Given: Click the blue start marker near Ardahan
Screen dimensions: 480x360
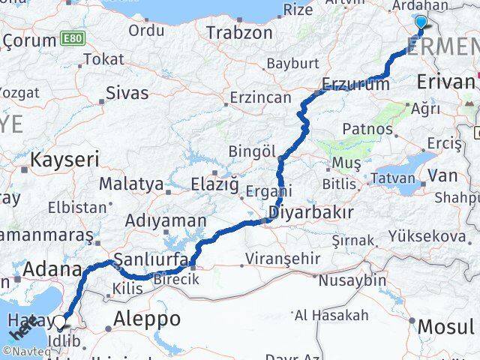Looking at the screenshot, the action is point(421,23).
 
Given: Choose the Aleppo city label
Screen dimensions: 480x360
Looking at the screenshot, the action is point(147,319).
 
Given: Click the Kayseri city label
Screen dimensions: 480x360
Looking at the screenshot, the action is point(64,159).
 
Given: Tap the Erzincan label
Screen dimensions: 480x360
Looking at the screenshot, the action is point(260,98).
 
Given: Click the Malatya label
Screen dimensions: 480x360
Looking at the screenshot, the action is point(131,184).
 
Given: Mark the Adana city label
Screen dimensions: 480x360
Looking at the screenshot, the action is point(52,268).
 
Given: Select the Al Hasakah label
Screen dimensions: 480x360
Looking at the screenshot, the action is point(331,315).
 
